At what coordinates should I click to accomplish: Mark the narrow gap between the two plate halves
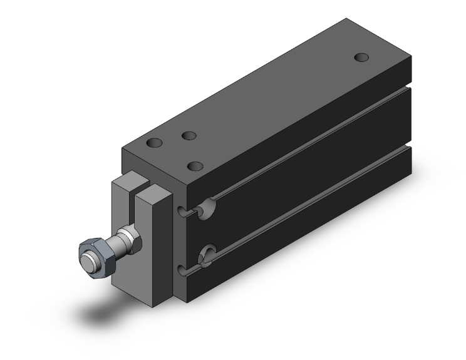[138, 188]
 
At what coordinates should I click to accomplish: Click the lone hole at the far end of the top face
[361, 57]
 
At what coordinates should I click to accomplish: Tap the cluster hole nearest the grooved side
[196, 167]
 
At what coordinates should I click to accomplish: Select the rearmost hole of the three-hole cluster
[188, 135]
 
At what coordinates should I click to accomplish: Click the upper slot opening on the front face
[182, 211]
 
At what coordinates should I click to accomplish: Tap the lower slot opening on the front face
[182, 270]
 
